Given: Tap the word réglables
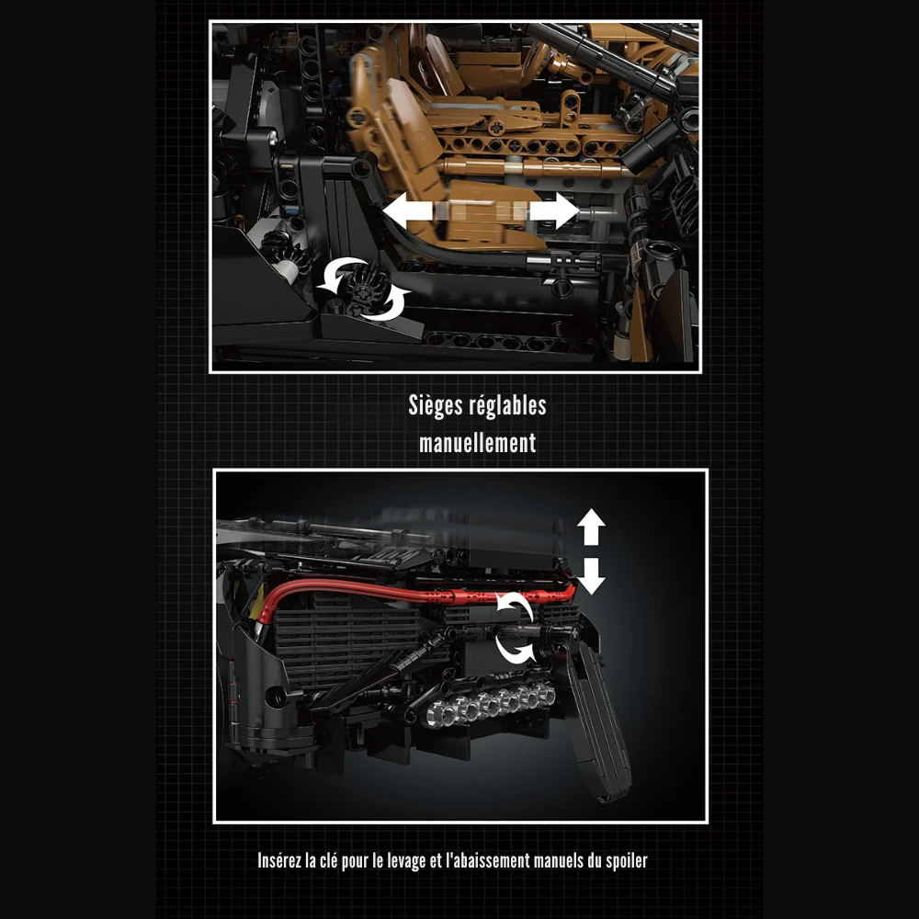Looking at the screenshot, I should (510, 406).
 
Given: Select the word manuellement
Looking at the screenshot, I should (477, 443).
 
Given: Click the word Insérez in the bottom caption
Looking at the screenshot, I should (283, 861).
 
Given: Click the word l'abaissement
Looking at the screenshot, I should (481, 861).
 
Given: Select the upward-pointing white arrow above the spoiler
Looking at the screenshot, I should (591, 528).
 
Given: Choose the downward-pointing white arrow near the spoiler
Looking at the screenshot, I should (591, 574).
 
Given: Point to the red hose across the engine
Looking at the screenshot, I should (386, 596).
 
